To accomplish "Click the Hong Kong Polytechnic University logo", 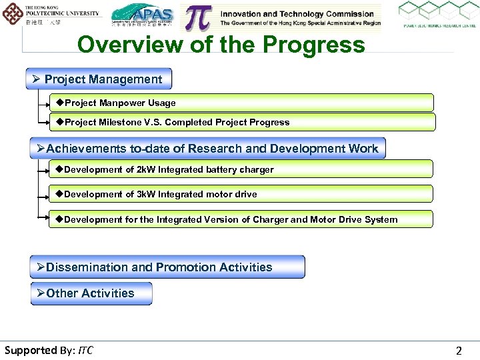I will pyautogui.click(x=52, y=15).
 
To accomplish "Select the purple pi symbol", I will pyautogui.click(x=199, y=17).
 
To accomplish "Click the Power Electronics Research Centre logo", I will pyautogui.click(x=437, y=15).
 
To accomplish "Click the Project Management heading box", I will pyautogui.click(x=99, y=79).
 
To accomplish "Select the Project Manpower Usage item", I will pyautogui.click(x=241, y=103).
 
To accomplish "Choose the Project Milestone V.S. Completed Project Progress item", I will pyautogui.click(x=241, y=122).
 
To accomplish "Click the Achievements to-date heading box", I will pyautogui.click(x=208, y=148).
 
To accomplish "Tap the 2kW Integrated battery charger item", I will pyautogui.click(x=241, y=169).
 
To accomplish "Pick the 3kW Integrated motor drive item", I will pyautogui.click(x=241, y=194).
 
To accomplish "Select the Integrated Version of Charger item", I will pyautogui.click(x=241, y=219).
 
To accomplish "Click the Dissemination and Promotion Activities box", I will pyautogui.click(x=167, y=267).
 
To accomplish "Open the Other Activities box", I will pyautogui.click(x=91, y=293).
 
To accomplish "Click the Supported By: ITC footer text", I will pyautogui.click(x=49, y=350).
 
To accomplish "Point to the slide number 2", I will pyautogui.click(x=458, y=351).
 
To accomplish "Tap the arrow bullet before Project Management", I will pyautogui.click(x=37, y=79).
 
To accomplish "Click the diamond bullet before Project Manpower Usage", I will pyautogui.click(x=59, y=103).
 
